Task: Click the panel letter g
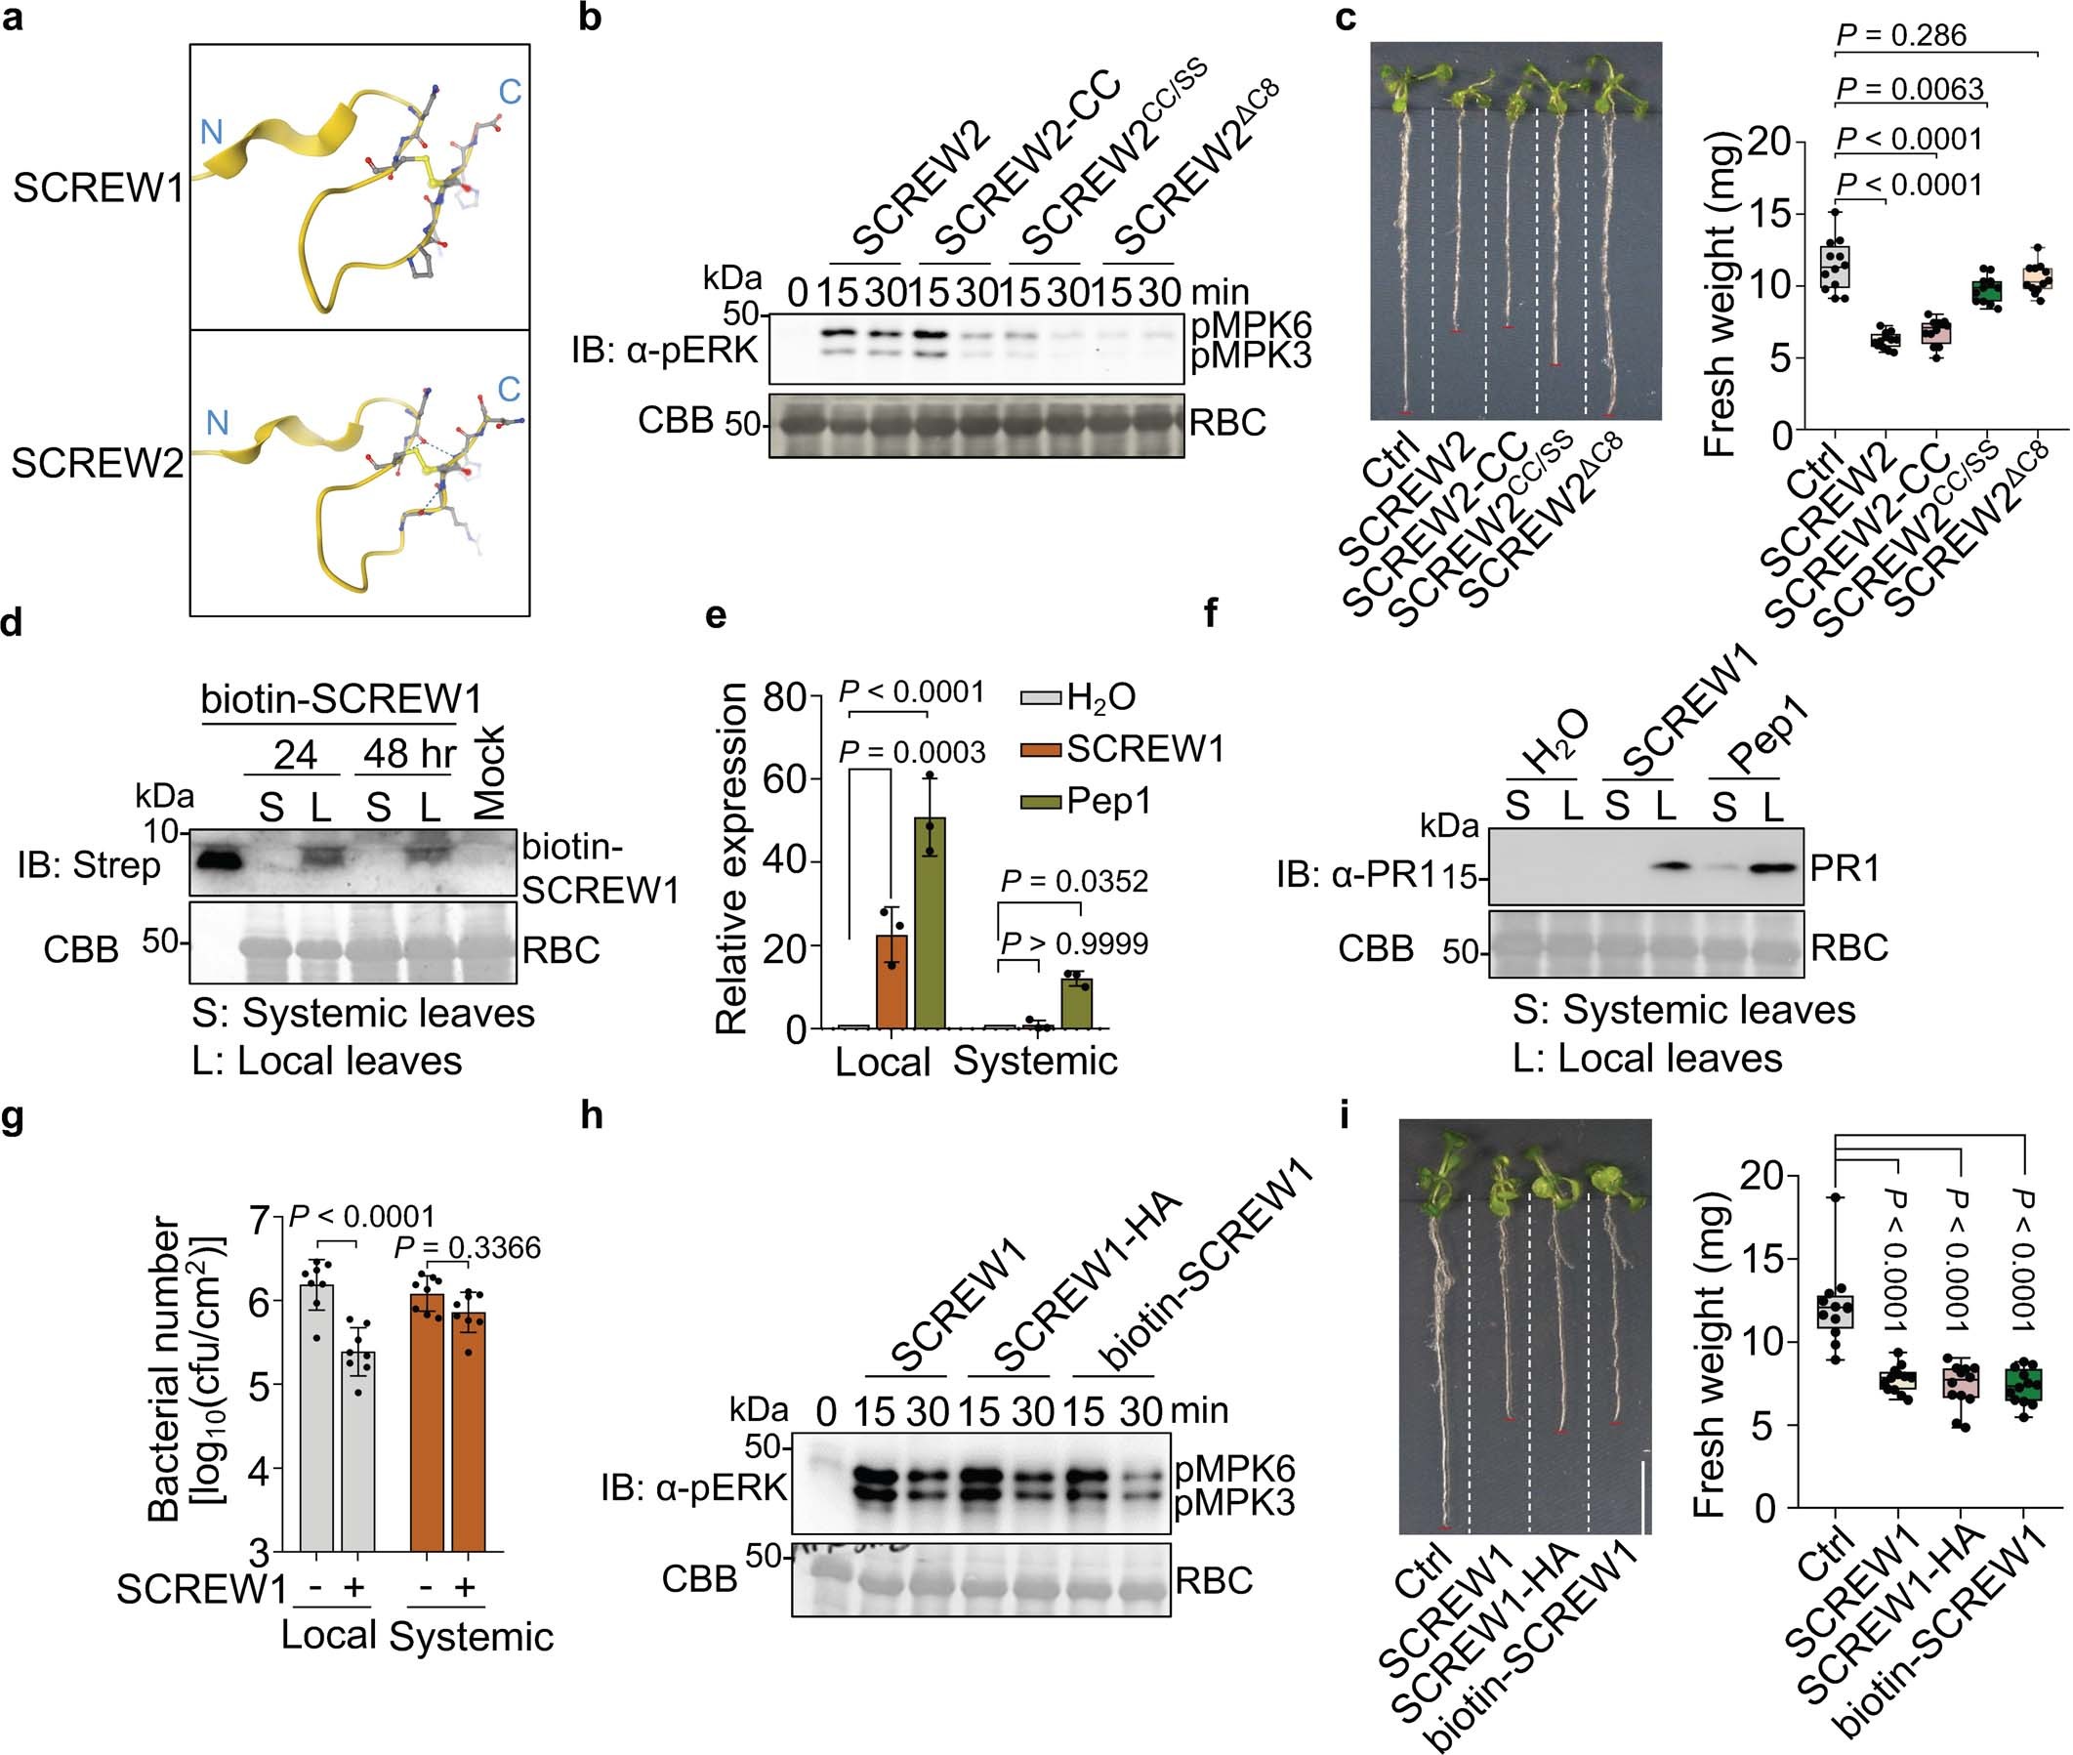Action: click(14, 1116)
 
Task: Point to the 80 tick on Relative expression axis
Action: click(785, 696)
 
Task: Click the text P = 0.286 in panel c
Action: click(1901, 36)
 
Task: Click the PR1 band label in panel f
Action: click(1845, 868)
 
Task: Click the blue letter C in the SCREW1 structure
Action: click(510, 93)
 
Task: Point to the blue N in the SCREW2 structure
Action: click(217, 424)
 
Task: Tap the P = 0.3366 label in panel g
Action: click(468, 1247)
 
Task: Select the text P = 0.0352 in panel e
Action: click(1073, 882)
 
